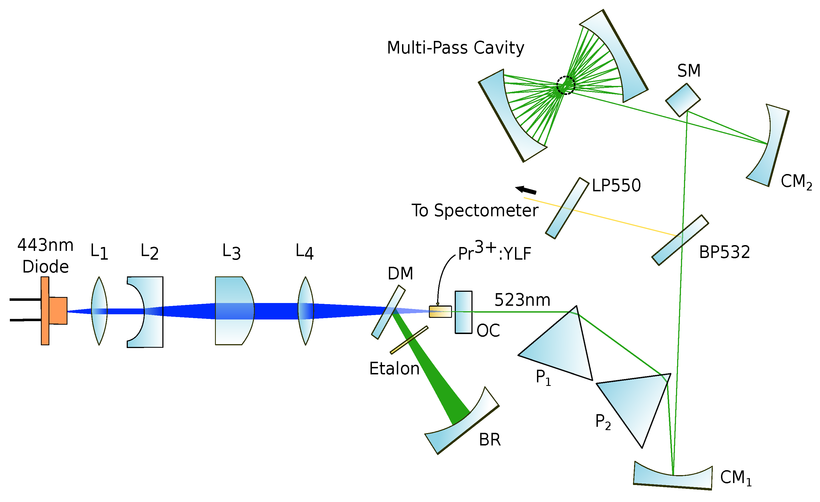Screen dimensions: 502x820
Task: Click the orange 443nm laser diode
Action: point(53,310)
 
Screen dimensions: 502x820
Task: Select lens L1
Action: point(99,310)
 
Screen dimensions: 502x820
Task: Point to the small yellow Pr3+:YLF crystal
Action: point(440,312)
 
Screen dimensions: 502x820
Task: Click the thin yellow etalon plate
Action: point(409,340)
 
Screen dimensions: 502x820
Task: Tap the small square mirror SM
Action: point(683,100)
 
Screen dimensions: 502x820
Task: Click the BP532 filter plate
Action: point(680,240)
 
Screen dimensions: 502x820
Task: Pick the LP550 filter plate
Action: point(567,208)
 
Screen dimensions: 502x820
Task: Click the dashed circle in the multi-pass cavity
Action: point(565,85)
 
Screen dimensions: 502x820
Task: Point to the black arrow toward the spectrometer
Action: point(526,190)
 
